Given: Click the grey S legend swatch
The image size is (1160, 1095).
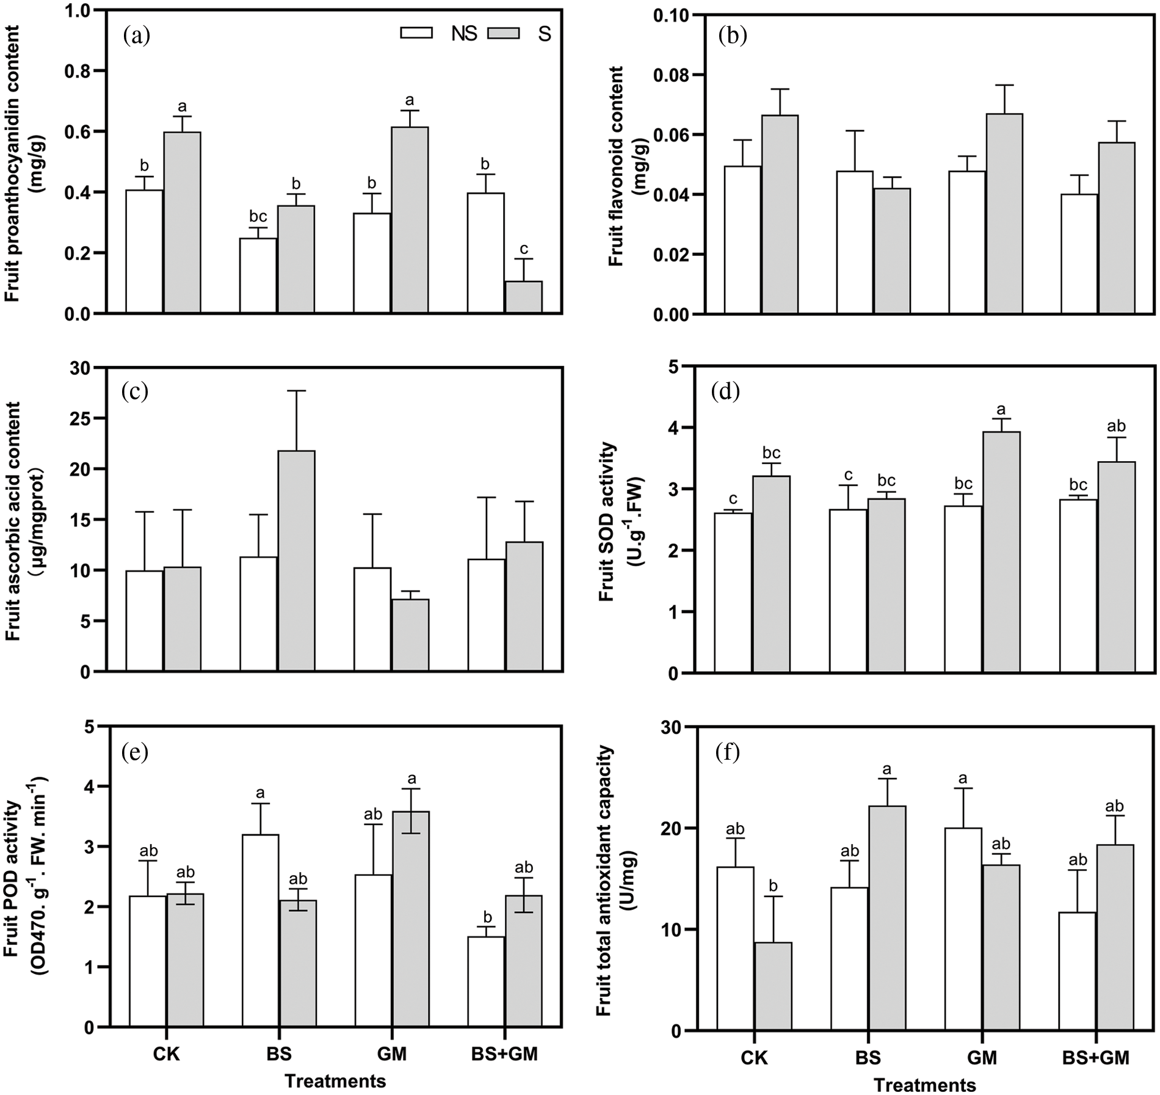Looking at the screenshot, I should pyautogui.click(x=503, y=33).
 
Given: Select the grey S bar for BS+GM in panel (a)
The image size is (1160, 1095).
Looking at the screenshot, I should pyautogui.click(x=524, y=297).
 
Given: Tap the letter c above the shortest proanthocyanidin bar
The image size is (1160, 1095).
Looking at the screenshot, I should pyautogui.click(x=524, y=249).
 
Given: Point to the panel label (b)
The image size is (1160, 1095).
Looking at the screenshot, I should pyautogui.click(x=733, y=37).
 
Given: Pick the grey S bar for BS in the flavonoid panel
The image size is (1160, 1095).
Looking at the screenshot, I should pyautogui.click(x=892, y=251).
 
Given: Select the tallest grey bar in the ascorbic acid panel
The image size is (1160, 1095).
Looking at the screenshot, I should pyautogui.click(x=296, y=561).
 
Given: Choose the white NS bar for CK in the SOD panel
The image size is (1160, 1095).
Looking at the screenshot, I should pyautogui.click(x=733, y=592).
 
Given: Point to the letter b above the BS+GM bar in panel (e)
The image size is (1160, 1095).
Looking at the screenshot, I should pyautogui.click(x=487, y=917).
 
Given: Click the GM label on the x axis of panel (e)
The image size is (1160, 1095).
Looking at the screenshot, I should pyautogui.click(x=391, y=1055).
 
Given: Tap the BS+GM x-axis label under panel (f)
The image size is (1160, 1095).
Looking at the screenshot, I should pyautogui.click(x=1096, y=1058).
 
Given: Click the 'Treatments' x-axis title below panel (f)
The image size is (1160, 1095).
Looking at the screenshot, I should pyautogui.click(x=926, y=1085).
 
